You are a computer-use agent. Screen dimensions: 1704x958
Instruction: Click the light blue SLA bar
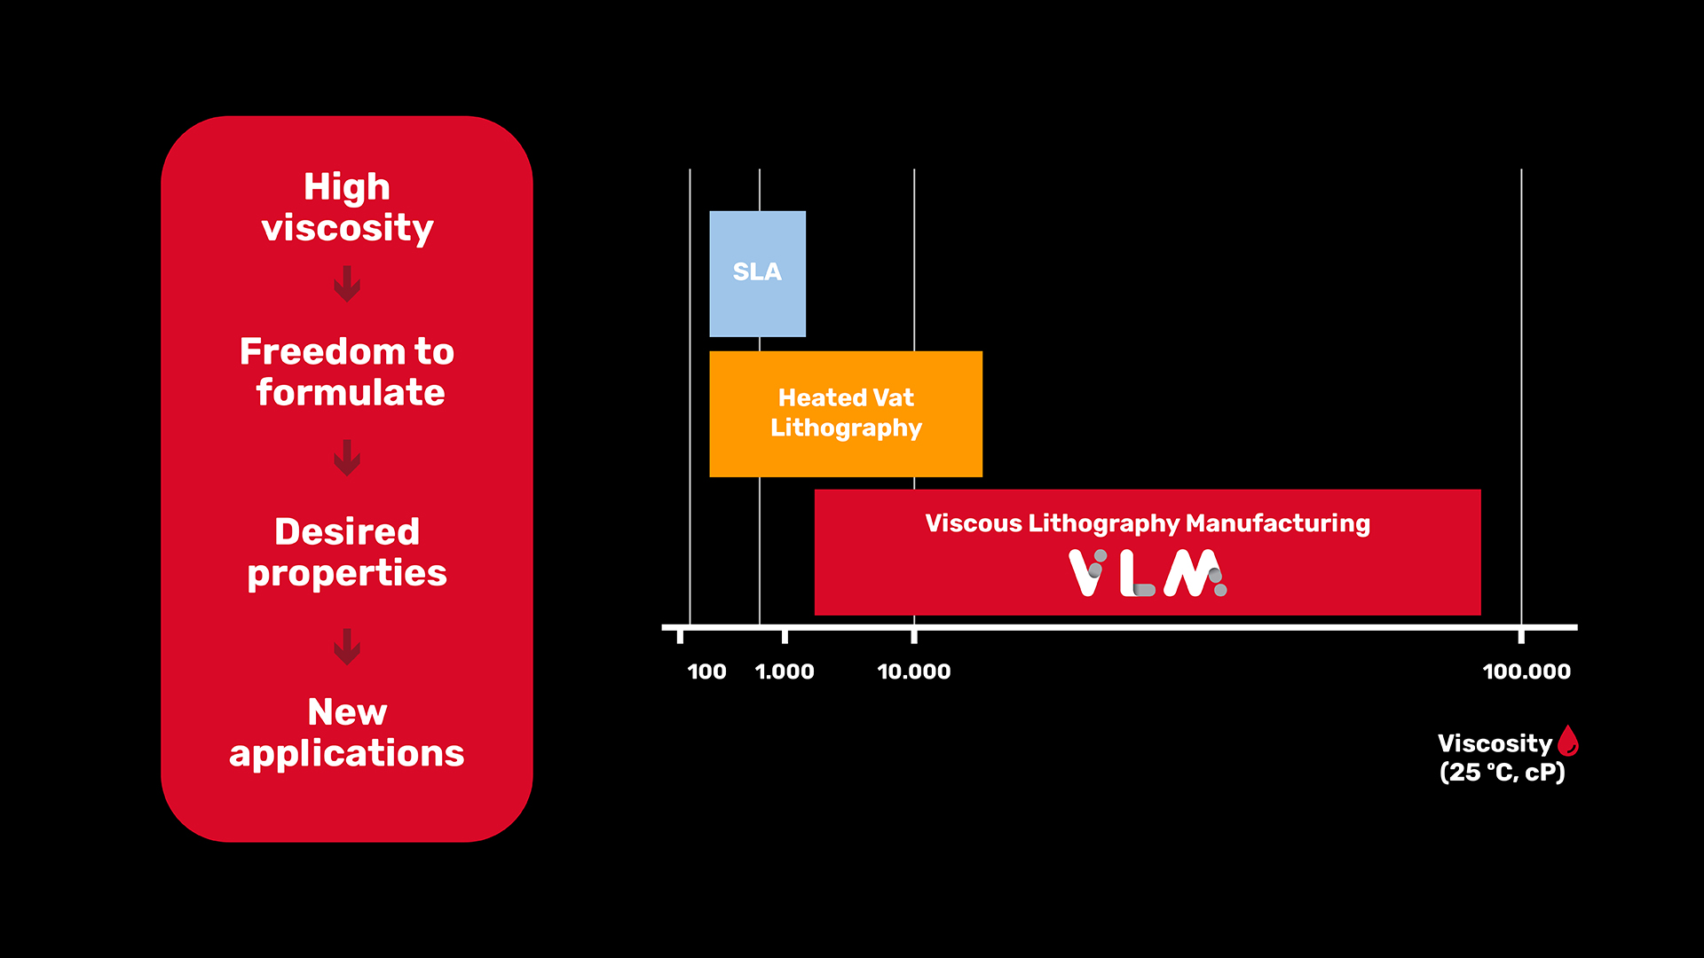point(757,273)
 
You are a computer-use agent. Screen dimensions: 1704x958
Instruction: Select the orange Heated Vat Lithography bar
point(846,413)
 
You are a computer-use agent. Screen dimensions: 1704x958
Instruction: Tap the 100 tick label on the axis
point(706,671)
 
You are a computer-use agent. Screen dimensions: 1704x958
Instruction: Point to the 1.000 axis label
point(785,671)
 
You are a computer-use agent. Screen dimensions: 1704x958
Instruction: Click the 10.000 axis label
point(914,671)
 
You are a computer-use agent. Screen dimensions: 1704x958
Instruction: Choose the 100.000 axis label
point(1526,671)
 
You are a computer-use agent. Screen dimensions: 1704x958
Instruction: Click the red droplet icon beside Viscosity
point(1568,741)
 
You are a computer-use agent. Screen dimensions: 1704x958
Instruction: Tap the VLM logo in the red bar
point(1148,573)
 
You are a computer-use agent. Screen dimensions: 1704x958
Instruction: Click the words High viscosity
point(347,207)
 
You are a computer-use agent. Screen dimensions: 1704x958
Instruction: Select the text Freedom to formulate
point(347,372)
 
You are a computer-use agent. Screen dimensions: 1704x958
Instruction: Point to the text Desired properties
point(347,552)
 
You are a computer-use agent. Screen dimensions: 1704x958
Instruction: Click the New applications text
point(347,733)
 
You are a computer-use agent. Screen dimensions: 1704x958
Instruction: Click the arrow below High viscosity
point(347,284)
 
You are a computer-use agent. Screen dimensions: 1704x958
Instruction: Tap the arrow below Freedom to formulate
point(347,458)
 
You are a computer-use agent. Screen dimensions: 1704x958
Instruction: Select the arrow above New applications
point(347,647)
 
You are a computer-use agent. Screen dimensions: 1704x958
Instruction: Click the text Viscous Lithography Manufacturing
point(1148,524)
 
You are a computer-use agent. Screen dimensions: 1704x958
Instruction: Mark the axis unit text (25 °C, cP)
point(1502,772)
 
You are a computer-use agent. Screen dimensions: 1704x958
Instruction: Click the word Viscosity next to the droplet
point(1495,743)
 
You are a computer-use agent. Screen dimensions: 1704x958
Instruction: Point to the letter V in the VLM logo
point(1088,573)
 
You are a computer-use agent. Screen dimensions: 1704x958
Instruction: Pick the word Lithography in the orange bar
point(846,428)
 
